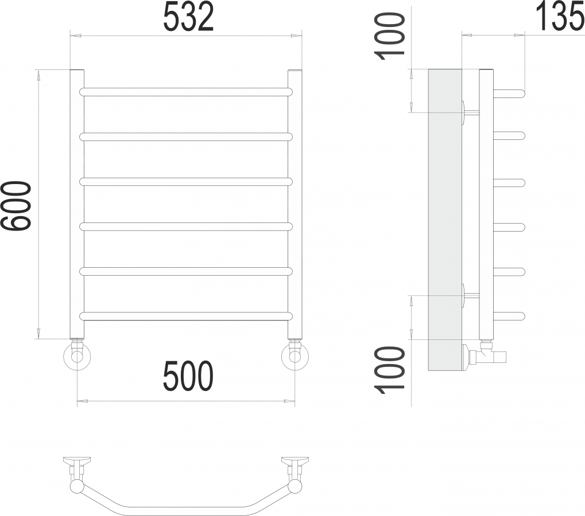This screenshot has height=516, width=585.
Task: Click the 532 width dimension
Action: click(x=188, y=17)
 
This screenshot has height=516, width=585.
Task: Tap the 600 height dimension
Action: click(x=16, y=206)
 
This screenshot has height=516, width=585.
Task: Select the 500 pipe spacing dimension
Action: click(x=188, y=376)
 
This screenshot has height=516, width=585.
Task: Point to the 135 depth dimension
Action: click(x=560, y=17)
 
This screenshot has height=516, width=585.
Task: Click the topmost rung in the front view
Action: click(x=186, y=92)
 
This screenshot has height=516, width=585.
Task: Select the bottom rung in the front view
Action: click(x=186, y=316)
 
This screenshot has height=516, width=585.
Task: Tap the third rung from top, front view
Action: click(x=186, y=182)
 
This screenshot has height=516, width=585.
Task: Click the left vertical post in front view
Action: click(x=78, y=204)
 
